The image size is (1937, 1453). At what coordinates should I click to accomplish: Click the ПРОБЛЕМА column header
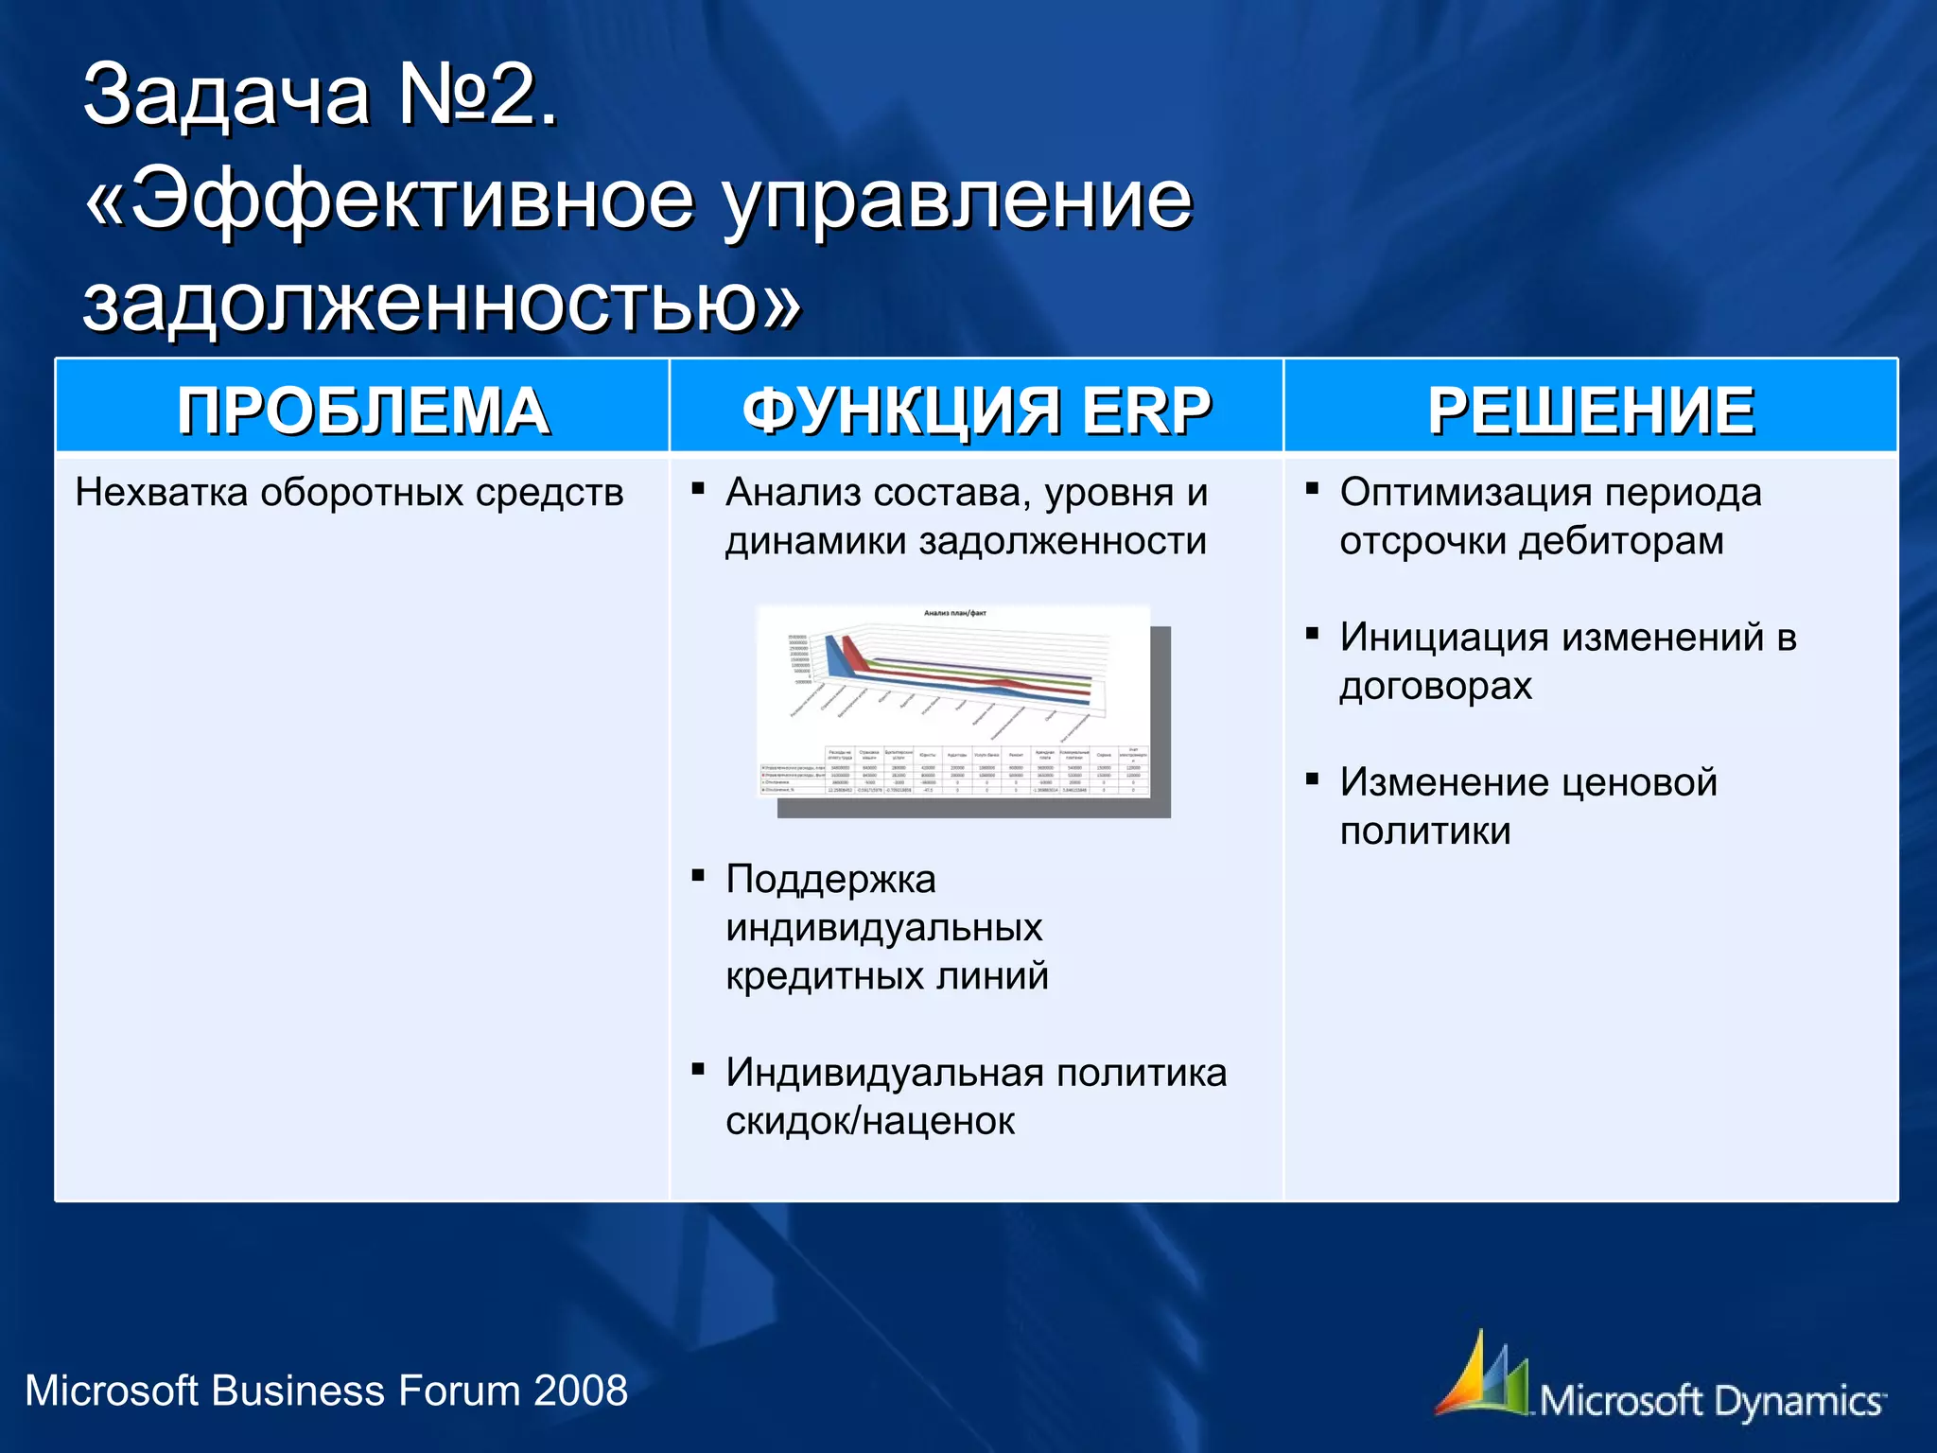[363, 411]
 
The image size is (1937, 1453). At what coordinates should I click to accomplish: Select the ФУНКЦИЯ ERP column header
[976, 411]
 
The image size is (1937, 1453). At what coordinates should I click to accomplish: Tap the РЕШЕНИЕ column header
[1591, 411]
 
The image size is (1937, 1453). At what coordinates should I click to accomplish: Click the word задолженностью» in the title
[441, 305]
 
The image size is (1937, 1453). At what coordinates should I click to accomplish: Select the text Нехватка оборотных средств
[349, 493]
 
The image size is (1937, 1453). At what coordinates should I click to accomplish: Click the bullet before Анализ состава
[698, 489]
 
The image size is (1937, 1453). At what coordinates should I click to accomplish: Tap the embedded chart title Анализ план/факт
[954, 613]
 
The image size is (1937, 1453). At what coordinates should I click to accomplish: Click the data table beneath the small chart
[955, 770]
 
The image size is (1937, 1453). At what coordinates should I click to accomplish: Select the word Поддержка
[830, 880]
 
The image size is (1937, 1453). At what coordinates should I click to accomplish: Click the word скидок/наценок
[870, 1122]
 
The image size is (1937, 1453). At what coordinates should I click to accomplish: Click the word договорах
[1435, 686]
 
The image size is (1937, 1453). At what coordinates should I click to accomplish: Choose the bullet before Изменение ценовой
[1312, 779]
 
